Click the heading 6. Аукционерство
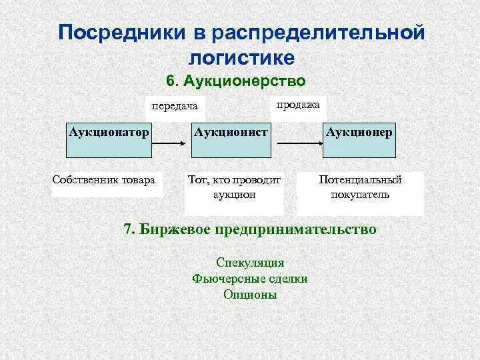coord(235,81)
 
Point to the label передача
coord(175,106)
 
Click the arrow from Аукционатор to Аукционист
coord(170,141)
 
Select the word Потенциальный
coord(360,180)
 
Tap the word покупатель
coord(360,195)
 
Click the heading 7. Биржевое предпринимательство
coord(250,229)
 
